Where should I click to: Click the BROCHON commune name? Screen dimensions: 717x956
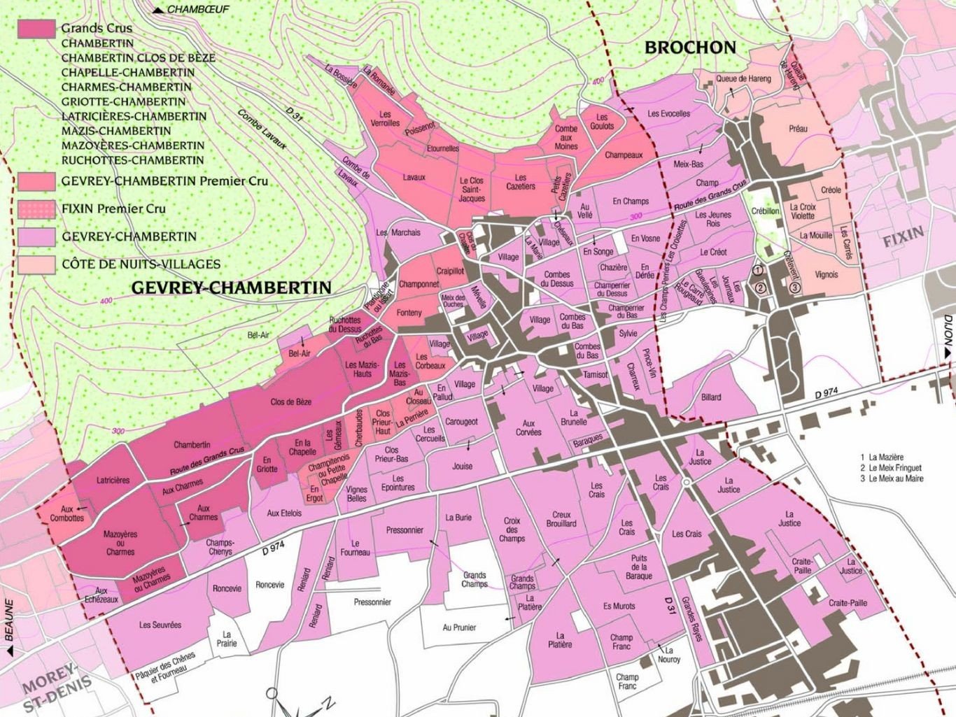[x=690, y=48]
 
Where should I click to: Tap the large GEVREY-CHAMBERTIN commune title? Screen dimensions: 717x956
[x=231, y=287]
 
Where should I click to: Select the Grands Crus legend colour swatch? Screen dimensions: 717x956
[x=36, y=29]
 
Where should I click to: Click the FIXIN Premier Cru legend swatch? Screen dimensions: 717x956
[x=36, y=208]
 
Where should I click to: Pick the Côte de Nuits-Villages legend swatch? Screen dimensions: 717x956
[x=36, y=264]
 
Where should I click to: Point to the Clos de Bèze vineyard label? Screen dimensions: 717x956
[x=290, y=402]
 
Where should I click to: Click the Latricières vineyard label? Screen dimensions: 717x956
[x=113, y=481]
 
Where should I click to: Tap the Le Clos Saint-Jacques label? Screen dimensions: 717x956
[x=472, y=190]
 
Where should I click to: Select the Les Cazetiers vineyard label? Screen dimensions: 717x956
[x=521, y=182]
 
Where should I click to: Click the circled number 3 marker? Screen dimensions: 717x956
[x=794, y=287]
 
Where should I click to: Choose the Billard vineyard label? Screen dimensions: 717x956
[x=711, y=397]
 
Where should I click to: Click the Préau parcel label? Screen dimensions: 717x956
[x=798, y=129]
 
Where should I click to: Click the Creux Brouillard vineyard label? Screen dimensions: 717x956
[x=561, y=519]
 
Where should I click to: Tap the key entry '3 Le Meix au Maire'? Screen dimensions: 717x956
[x=892, y=478]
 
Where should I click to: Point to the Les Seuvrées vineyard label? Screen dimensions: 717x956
[x=160, y=625]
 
